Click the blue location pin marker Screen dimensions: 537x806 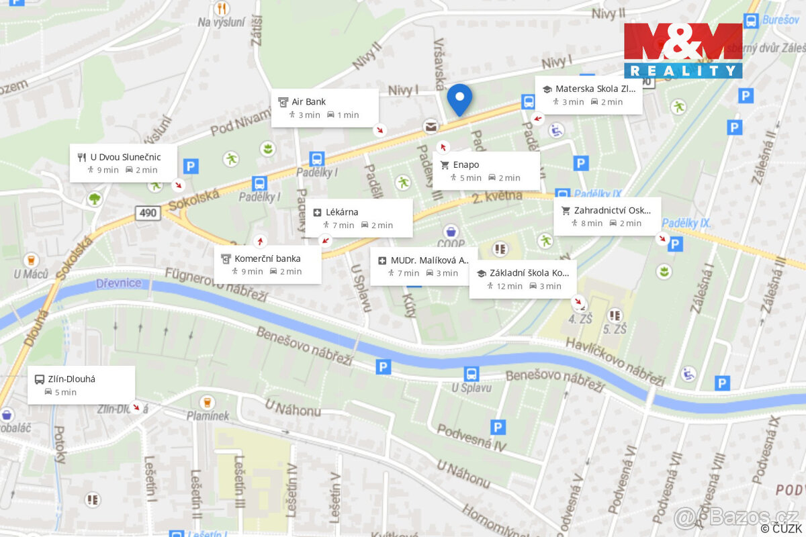(459, 99)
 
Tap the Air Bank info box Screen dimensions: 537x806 (325, 108)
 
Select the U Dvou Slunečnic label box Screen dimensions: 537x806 (124, 163)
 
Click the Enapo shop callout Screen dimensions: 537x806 (486, 171)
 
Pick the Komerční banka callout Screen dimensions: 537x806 (267, 264)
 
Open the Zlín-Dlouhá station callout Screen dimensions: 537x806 (81, 385)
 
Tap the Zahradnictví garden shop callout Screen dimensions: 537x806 (607, 216)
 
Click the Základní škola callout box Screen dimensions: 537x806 (523, 279)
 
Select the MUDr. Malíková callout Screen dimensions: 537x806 (424, 266)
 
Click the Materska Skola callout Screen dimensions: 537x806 (588, 95)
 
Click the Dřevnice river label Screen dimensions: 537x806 (119, 283)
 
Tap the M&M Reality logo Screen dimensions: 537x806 (683, 50)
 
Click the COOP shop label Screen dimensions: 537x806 (451, 244)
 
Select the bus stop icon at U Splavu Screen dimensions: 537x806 (472, 374)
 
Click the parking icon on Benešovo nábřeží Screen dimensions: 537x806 (384, 367)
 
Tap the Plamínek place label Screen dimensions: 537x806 (208, 416)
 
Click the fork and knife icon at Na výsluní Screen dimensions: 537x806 (222, 9)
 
